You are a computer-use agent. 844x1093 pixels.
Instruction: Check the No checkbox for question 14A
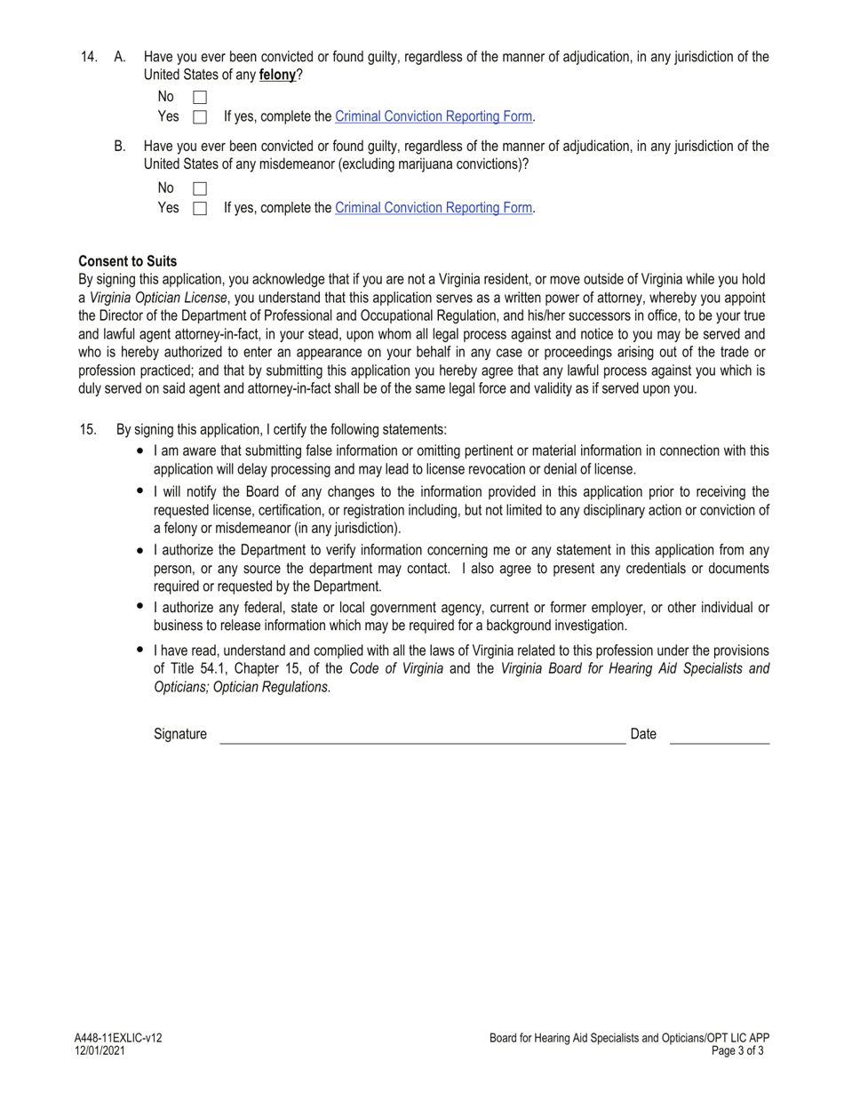(200, 97)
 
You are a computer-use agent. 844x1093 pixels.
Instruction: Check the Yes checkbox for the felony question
(200, 116)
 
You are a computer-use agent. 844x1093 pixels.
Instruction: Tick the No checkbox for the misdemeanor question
(200, 188)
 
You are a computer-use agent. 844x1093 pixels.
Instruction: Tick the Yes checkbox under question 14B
(200, 208)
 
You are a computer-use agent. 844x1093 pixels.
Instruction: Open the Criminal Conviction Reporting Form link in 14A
(434, 116)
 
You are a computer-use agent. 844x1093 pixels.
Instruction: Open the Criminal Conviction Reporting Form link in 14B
(434, 208)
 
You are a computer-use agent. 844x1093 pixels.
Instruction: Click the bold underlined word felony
(277, 76)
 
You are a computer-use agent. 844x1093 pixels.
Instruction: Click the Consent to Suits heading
(128, 261)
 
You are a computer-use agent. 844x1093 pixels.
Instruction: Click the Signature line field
(422, 736)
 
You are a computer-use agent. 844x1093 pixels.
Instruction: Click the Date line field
(719, 736)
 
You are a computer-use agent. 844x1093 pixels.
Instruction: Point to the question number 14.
(89, 57)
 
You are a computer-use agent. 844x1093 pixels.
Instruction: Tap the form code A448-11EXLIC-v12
(118, 1038)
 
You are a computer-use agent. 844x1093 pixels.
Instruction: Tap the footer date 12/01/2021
(100, 1050)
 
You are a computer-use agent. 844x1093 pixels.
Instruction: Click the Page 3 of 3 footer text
(737, 1050)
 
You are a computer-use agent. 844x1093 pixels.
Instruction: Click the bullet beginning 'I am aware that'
(140, 451)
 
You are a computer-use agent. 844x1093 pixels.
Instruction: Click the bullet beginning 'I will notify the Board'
(140, 491)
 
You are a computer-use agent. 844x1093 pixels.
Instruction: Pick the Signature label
(180, 734)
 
